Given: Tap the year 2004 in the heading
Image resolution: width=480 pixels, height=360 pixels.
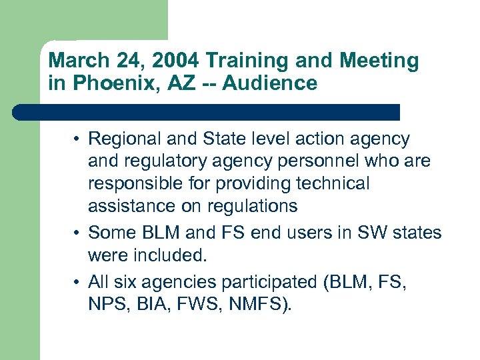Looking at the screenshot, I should [175, 61].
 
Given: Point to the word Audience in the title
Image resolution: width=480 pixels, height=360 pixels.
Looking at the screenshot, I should [272, 83].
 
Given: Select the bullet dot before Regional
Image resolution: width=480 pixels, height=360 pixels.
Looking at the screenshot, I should [79, 139].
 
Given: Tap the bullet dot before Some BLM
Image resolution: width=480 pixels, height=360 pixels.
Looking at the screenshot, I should [79, 233].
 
